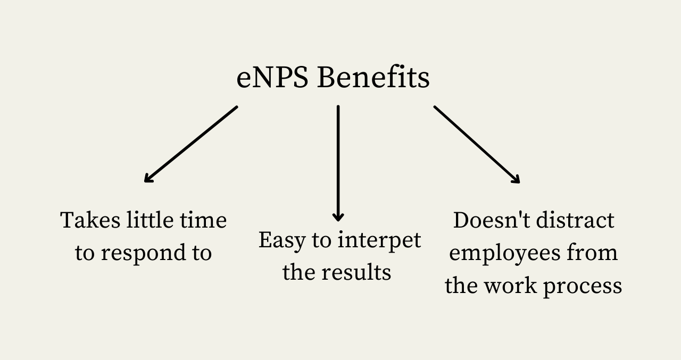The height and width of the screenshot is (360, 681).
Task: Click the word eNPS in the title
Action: tap(272, 78)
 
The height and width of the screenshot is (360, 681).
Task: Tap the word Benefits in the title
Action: tap(373, 77)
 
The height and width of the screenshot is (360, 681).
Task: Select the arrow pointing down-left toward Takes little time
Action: tap(191, 144)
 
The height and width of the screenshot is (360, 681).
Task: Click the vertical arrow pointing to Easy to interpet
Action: tap(338, 163)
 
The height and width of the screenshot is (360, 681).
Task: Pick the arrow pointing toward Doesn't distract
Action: tap(477, 144)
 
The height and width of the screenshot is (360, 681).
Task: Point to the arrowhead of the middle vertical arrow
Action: tap(338, 217)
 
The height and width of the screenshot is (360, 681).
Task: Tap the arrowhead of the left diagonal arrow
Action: tap(148, 178)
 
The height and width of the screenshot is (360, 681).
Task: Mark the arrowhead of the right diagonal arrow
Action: tap(516, 179)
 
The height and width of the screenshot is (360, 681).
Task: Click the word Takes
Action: tap(90, 220)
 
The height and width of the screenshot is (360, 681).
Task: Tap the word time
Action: tap(203, 220)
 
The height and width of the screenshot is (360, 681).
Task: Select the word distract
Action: tap(575, 220)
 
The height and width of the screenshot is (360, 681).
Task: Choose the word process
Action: tap(583, 287)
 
